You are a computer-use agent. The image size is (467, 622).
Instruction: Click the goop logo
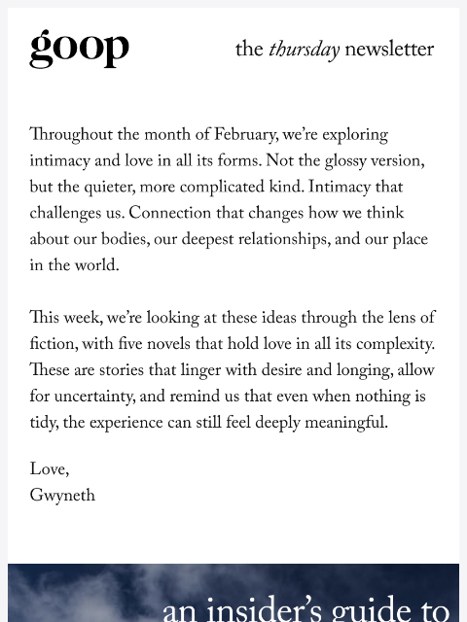click(x=79, y=48)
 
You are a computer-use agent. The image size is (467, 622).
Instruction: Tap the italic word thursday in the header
click(x=304, y=50)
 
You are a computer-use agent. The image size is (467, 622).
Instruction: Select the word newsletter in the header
click(x=389, y=50)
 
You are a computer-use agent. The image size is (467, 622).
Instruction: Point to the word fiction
click(x=53, y=346)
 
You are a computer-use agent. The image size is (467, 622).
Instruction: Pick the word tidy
click(x=45, y=425)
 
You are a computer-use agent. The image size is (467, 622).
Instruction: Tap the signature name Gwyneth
click(x=62, y=497)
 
